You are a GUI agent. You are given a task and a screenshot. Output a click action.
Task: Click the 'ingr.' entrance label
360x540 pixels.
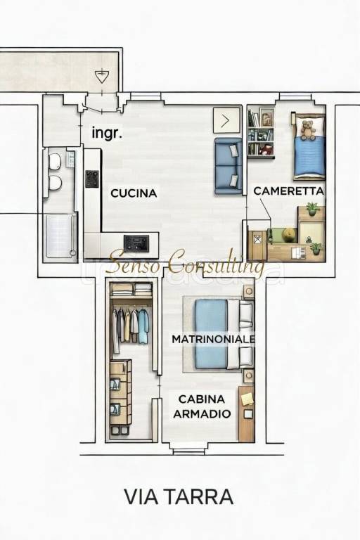point(107,131)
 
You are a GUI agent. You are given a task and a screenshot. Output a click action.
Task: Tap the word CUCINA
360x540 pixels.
point(134,192)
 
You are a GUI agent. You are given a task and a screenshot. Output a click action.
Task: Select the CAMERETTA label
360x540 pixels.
point(288,191)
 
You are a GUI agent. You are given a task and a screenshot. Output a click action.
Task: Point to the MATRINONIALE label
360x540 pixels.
point(214,339)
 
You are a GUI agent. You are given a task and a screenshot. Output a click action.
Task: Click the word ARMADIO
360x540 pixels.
point(202,414)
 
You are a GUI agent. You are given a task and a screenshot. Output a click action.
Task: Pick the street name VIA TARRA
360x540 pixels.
point(179,496)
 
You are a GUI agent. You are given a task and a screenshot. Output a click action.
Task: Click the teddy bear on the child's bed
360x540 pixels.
point(307,129)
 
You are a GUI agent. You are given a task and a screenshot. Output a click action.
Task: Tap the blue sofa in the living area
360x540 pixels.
point(229,166)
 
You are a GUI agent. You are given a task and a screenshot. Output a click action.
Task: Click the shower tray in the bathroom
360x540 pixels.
point(59,236)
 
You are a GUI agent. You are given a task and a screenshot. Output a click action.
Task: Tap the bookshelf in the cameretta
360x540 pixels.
point(261,134)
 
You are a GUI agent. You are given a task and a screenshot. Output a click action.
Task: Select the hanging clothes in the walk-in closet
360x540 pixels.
point(131,325)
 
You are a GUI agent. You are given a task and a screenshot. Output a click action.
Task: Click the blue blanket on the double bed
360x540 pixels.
point(210,334)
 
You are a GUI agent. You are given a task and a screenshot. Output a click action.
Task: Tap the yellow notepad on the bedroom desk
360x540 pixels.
point(247,399)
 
